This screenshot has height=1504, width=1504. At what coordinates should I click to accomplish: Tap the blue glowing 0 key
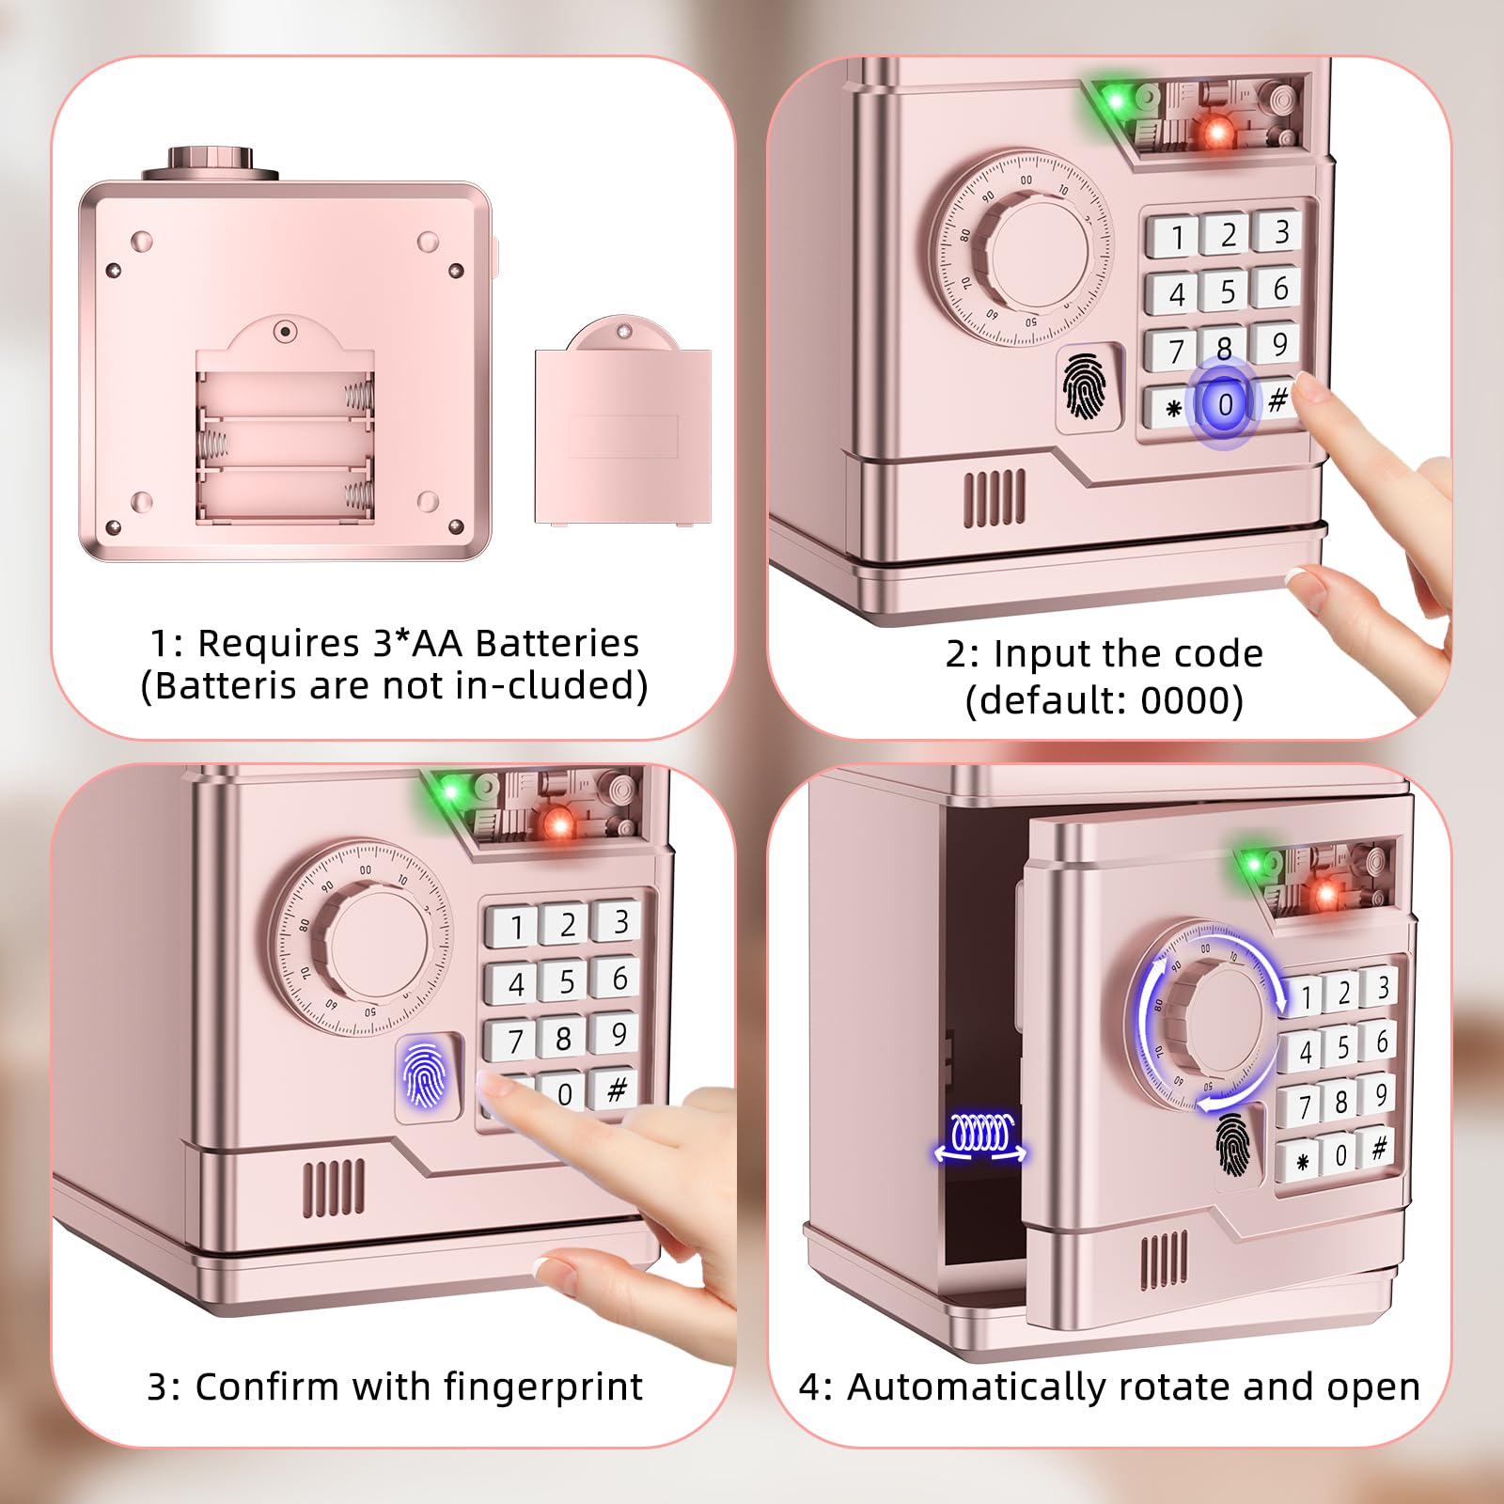(1224, 404)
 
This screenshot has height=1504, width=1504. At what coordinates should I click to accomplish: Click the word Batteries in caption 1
(556, 643)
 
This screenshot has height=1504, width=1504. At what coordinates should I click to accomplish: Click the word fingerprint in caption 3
(543, 1387)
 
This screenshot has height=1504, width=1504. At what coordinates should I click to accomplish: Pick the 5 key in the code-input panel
(1227, 291)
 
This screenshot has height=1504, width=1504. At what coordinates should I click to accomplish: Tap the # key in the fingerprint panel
(617, 1089)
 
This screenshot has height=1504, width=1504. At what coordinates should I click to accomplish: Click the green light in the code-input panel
(1116, 100)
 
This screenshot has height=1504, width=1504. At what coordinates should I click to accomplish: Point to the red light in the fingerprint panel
(558, 825)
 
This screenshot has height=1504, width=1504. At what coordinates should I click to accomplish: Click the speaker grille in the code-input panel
(995, 498)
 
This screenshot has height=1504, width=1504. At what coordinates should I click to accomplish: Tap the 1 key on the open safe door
(1305, 996)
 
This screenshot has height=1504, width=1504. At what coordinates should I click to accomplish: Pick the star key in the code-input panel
(1172, 408)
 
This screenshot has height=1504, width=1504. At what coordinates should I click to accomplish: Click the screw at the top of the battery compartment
(286, 332)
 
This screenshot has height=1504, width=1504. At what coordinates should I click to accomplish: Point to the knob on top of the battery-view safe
(211, 164)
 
